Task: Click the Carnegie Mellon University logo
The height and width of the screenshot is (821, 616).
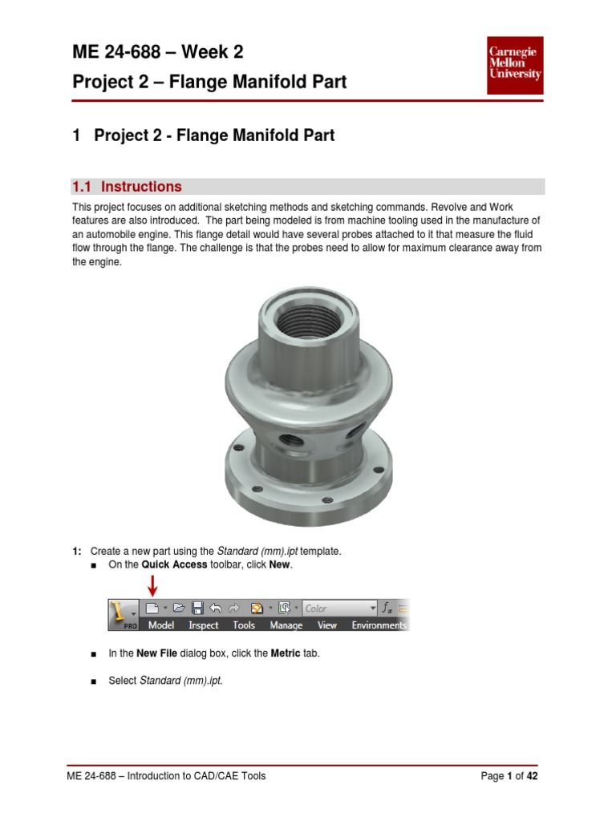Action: coord(515,63)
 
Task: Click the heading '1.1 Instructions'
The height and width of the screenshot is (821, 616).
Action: coord(127,187)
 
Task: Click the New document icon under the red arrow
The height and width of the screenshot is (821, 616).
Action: coord(152,608)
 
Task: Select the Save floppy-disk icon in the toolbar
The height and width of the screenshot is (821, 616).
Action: coord(197,608)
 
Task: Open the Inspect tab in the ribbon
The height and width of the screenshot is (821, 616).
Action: coord(203,625)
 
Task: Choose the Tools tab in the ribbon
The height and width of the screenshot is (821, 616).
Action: coord(244,625)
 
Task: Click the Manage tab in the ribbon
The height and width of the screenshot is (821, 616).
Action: coord(286,625)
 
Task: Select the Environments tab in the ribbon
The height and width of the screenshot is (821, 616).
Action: coord(379,625)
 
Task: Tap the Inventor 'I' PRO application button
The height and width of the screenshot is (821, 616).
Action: coord(123,615)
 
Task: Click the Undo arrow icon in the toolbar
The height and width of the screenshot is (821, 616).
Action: coord(215,608)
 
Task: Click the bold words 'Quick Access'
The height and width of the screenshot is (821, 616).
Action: coord(175,565)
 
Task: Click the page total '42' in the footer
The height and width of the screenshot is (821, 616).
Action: coord(531,776)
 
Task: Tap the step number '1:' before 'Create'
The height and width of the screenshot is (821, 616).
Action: coord(77,551)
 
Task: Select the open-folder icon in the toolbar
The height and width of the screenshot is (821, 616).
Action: coord(179,608)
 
